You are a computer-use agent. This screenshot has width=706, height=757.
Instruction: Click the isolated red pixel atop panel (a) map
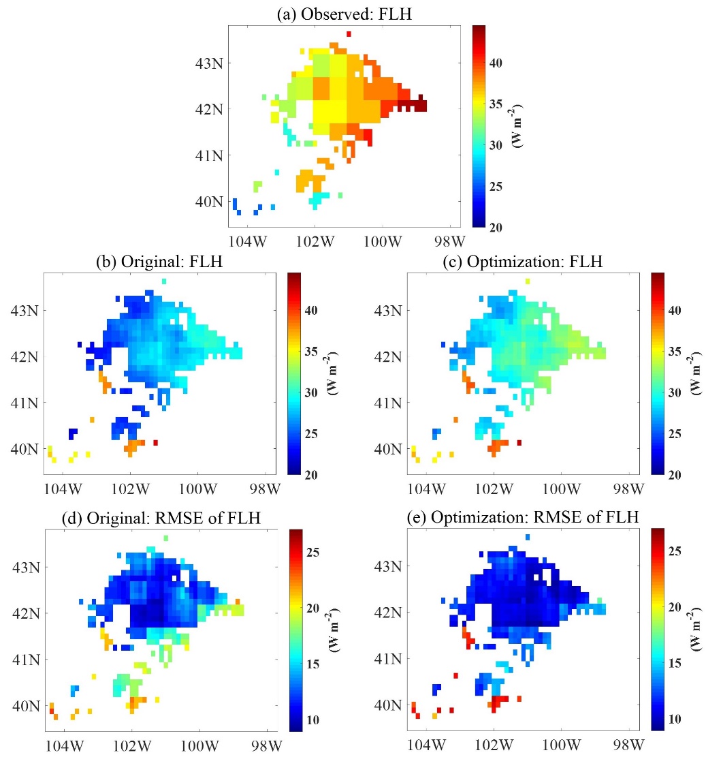pyautogui.click(x=349, y=33)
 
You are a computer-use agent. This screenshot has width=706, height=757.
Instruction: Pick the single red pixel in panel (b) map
pyautogui.click(x=156, y=443)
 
